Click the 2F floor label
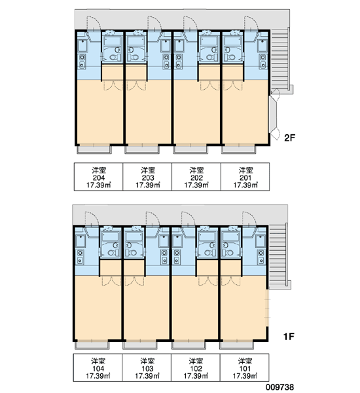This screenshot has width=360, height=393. [x=289, y=138]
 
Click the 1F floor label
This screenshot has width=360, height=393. [x=289, y=337]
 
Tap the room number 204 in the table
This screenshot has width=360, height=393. [x=99, y=178]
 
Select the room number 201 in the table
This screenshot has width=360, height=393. [x=245, y=178]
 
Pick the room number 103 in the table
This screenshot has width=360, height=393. [x=147, y=369]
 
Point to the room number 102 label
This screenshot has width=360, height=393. [x=196, y=369]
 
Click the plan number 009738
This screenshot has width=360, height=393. [x=280, y=387]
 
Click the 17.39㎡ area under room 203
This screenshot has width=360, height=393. [x=148, y=185]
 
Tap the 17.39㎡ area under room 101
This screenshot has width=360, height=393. [x=245, y=376]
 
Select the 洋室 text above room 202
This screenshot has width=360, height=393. [x=196, y=170]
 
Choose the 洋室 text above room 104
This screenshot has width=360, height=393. [x=98, y=361]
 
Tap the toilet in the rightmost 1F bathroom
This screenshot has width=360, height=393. [x=228, y=253]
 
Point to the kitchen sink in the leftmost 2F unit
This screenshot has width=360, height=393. [x=82, y=45]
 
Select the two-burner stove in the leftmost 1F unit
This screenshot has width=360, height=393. [x=80, y=256]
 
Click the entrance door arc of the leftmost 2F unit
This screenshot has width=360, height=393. [x=94, y=23]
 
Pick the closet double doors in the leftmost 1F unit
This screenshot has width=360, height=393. [x=111, y=281]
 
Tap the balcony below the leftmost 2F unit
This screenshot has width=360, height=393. [x=94, y=149]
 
